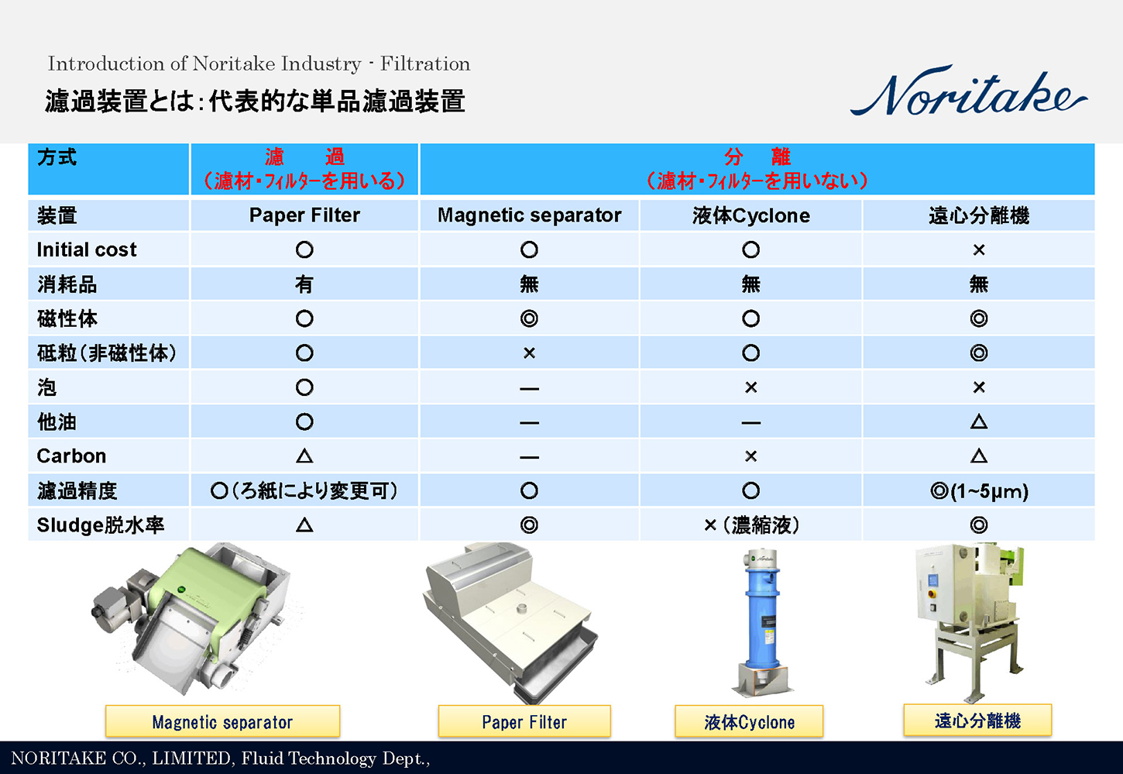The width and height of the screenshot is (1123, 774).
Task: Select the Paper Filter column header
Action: pos(304,215)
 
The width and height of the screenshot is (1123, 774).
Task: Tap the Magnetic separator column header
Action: pos(529,215)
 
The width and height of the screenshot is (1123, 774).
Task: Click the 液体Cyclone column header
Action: pos(750,215)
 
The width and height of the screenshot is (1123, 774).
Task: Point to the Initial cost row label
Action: pos(87,249)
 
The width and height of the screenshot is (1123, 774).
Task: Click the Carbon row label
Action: pos(71,456)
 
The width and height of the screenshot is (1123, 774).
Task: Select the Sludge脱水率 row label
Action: pos(101,525)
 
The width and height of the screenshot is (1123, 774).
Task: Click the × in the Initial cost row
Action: pos(979,249)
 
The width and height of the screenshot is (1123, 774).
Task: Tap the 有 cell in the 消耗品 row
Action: pos(304,284)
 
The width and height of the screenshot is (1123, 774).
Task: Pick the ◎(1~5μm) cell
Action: pos(979,491)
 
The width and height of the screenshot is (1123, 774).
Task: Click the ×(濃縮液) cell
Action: pos(750,525)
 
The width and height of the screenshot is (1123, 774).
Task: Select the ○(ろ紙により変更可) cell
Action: pos(304,491)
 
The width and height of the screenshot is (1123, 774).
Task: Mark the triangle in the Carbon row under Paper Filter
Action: pos(304,456)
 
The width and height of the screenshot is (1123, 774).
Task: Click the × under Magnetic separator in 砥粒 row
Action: pos(529,353)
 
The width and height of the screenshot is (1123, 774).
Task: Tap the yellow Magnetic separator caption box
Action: pos(222,722)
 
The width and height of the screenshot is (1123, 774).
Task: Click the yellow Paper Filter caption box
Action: pos(524,722)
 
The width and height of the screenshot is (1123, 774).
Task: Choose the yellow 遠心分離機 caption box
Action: pos(977,721)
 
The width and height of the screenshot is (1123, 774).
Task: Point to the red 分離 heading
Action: pos(757,157)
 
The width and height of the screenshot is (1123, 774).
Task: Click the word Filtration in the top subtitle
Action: pos(425,64)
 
